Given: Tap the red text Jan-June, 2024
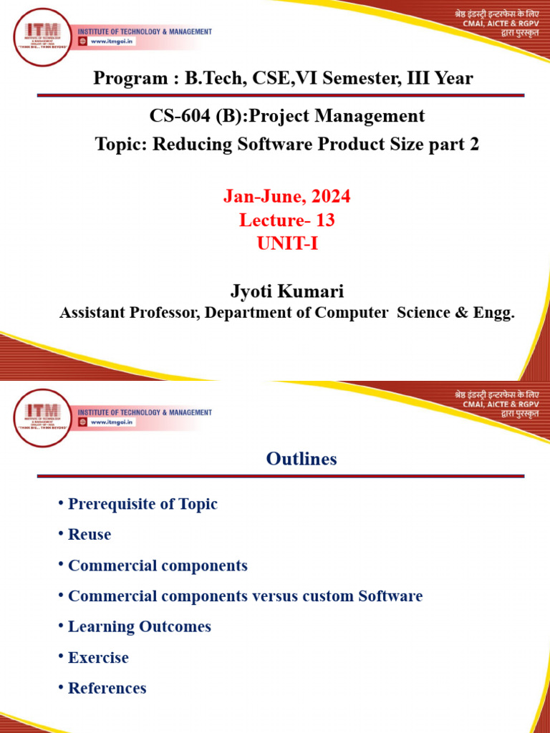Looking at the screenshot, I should coord(286,196).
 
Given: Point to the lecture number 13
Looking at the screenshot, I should coord(325,220).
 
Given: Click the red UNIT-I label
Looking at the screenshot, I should coord(286,244).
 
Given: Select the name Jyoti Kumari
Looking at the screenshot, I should coord(286,291).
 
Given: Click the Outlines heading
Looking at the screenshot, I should coord(301,459).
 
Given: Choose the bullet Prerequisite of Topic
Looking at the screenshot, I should coord(143,504).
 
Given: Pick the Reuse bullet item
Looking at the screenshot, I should coord(90,535).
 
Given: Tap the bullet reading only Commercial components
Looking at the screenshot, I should coord(158,565).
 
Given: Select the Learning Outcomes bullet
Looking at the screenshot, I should coord(139,627).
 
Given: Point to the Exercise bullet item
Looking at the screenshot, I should coord(98,658).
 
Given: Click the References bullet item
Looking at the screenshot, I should coord(107,689).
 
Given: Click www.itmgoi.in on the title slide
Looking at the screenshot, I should coord(111,42).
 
